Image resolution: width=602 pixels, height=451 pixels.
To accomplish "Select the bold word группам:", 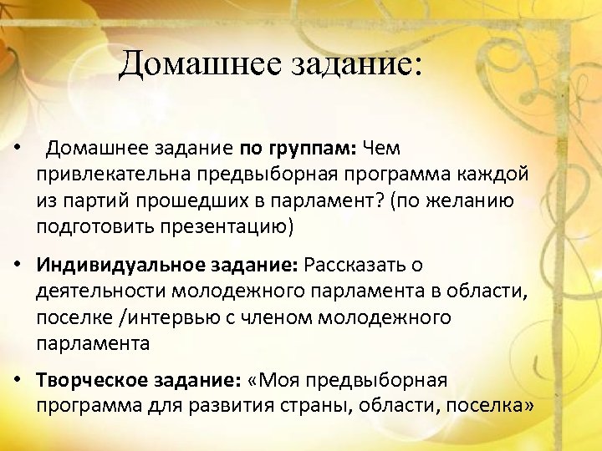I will point(311,149).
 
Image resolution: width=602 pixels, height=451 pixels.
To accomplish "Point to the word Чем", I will point(382,149).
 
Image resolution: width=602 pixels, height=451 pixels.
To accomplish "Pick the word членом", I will point(278,317).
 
